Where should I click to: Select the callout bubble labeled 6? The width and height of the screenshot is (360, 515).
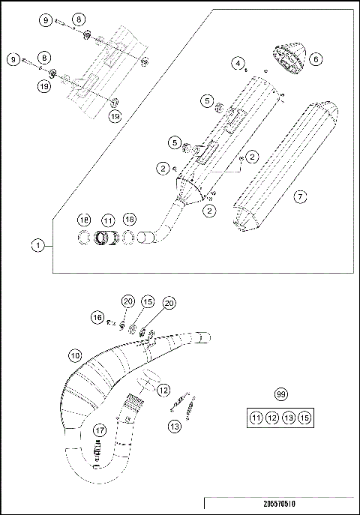315,58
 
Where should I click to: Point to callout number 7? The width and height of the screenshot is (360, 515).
299,196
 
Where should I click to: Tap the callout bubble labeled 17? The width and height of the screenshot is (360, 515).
100,430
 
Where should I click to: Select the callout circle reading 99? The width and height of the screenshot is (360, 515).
280,394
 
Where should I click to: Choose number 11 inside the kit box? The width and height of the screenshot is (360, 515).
256,418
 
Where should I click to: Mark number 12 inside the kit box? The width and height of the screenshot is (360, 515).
272,418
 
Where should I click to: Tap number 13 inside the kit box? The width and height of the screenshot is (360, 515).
289,418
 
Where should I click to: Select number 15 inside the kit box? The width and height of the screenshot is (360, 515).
304,418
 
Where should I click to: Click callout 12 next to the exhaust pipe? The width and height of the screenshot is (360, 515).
163,389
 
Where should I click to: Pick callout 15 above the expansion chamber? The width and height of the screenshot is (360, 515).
148,301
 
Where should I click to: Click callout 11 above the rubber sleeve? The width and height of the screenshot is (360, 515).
108,220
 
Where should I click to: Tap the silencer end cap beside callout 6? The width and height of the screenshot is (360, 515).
286,57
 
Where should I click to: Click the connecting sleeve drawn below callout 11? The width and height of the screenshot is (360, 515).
108,240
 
